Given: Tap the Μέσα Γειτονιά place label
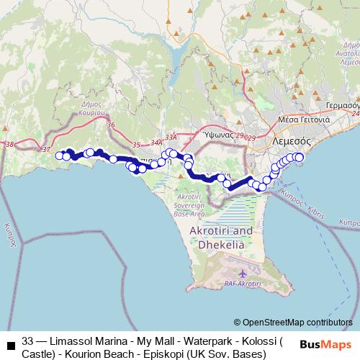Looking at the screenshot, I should tap(305, 120).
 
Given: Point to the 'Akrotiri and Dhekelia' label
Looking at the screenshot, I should tap(220, 237).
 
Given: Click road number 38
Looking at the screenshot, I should tap(9, 145).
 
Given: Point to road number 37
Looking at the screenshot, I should tap(47, 149).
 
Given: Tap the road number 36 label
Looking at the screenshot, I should tap(110, 125).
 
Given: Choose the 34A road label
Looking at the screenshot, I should tap(157, 143).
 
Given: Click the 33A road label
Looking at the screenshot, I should tap(171, 136).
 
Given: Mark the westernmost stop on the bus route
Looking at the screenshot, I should tap(60, 155).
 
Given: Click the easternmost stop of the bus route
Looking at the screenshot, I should tap(299, 157).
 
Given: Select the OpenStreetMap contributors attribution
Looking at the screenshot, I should tap(293, 323).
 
